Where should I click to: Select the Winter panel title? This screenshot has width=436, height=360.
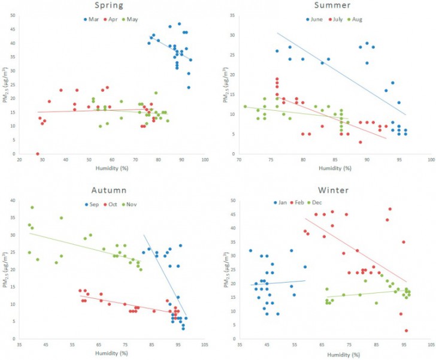point(332,190)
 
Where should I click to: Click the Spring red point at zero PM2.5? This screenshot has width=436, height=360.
point(37,154)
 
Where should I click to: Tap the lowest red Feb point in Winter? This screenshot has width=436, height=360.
point(406,330)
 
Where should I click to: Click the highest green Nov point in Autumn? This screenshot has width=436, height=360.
point(32,207)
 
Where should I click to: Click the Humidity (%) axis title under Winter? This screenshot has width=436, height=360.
point(332,354)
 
